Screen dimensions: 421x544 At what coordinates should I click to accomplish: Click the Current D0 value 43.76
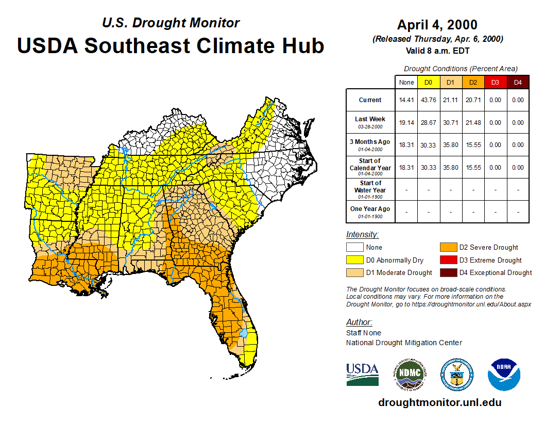(428, 100)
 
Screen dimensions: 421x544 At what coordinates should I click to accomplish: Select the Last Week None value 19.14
(406, 123)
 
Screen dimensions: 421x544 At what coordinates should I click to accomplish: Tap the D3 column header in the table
(495, 82)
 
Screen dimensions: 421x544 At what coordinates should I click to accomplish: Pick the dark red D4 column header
(518, 82)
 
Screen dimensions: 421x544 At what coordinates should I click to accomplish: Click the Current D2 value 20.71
(473, 100)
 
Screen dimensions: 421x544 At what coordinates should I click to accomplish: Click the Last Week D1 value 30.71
(450, 123)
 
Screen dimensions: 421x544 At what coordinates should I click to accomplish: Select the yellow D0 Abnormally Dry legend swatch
(354, 260)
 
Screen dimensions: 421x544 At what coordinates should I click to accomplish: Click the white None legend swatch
(354, 248)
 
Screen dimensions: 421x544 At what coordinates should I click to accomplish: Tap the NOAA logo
(504, 374)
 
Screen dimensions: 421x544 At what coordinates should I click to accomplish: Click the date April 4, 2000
(437, 25)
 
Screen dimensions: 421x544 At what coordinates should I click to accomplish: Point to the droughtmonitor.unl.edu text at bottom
(439, 402)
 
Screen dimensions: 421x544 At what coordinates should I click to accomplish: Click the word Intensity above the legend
(362, 235)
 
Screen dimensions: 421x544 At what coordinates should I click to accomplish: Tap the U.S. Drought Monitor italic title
(171, 23)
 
